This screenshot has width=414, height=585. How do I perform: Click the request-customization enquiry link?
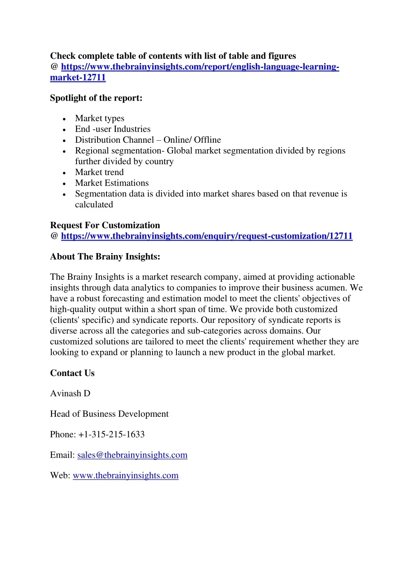207,236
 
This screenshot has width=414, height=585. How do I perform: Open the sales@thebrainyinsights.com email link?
132,455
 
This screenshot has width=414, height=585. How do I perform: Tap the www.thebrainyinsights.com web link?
125,476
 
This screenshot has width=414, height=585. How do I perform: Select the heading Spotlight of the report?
96,98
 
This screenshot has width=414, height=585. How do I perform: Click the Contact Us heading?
72,373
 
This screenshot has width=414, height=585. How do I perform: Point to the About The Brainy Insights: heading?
105,257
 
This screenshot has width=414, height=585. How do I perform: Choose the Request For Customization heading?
105,226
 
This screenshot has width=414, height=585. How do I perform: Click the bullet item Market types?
100,118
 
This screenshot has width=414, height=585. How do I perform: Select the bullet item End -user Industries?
113,129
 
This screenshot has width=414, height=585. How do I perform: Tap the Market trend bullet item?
99,173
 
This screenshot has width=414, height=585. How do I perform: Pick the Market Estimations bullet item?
112,183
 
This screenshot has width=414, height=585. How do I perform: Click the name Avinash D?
70,394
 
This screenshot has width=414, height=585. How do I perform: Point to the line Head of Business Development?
109,414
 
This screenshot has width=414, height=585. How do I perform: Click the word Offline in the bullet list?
207,140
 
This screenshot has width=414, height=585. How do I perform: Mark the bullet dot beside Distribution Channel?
64,141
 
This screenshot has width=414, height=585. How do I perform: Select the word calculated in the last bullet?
94,205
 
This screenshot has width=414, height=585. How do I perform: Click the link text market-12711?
78,78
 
